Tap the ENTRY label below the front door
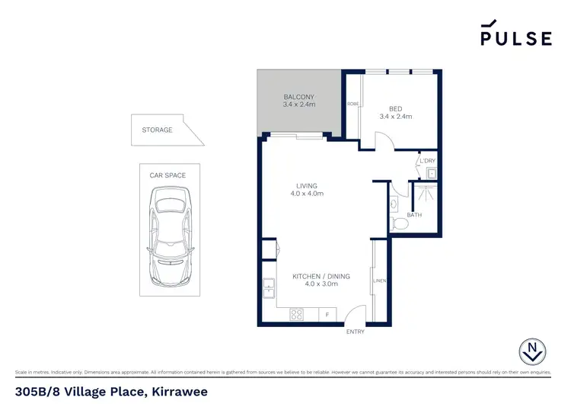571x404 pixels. click(355, 332)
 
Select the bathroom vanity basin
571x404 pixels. click(394, 204)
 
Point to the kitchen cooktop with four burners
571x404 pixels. click(297, 314)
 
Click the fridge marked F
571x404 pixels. click(327, 314)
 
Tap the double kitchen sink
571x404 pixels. click(269, 288)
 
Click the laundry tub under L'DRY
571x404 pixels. click(430, 174)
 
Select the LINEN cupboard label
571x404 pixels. click(379, 281)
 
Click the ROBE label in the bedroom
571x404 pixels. click(352, 104)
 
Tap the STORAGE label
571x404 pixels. click(157, 130)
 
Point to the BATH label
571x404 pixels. click(414, 216)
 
